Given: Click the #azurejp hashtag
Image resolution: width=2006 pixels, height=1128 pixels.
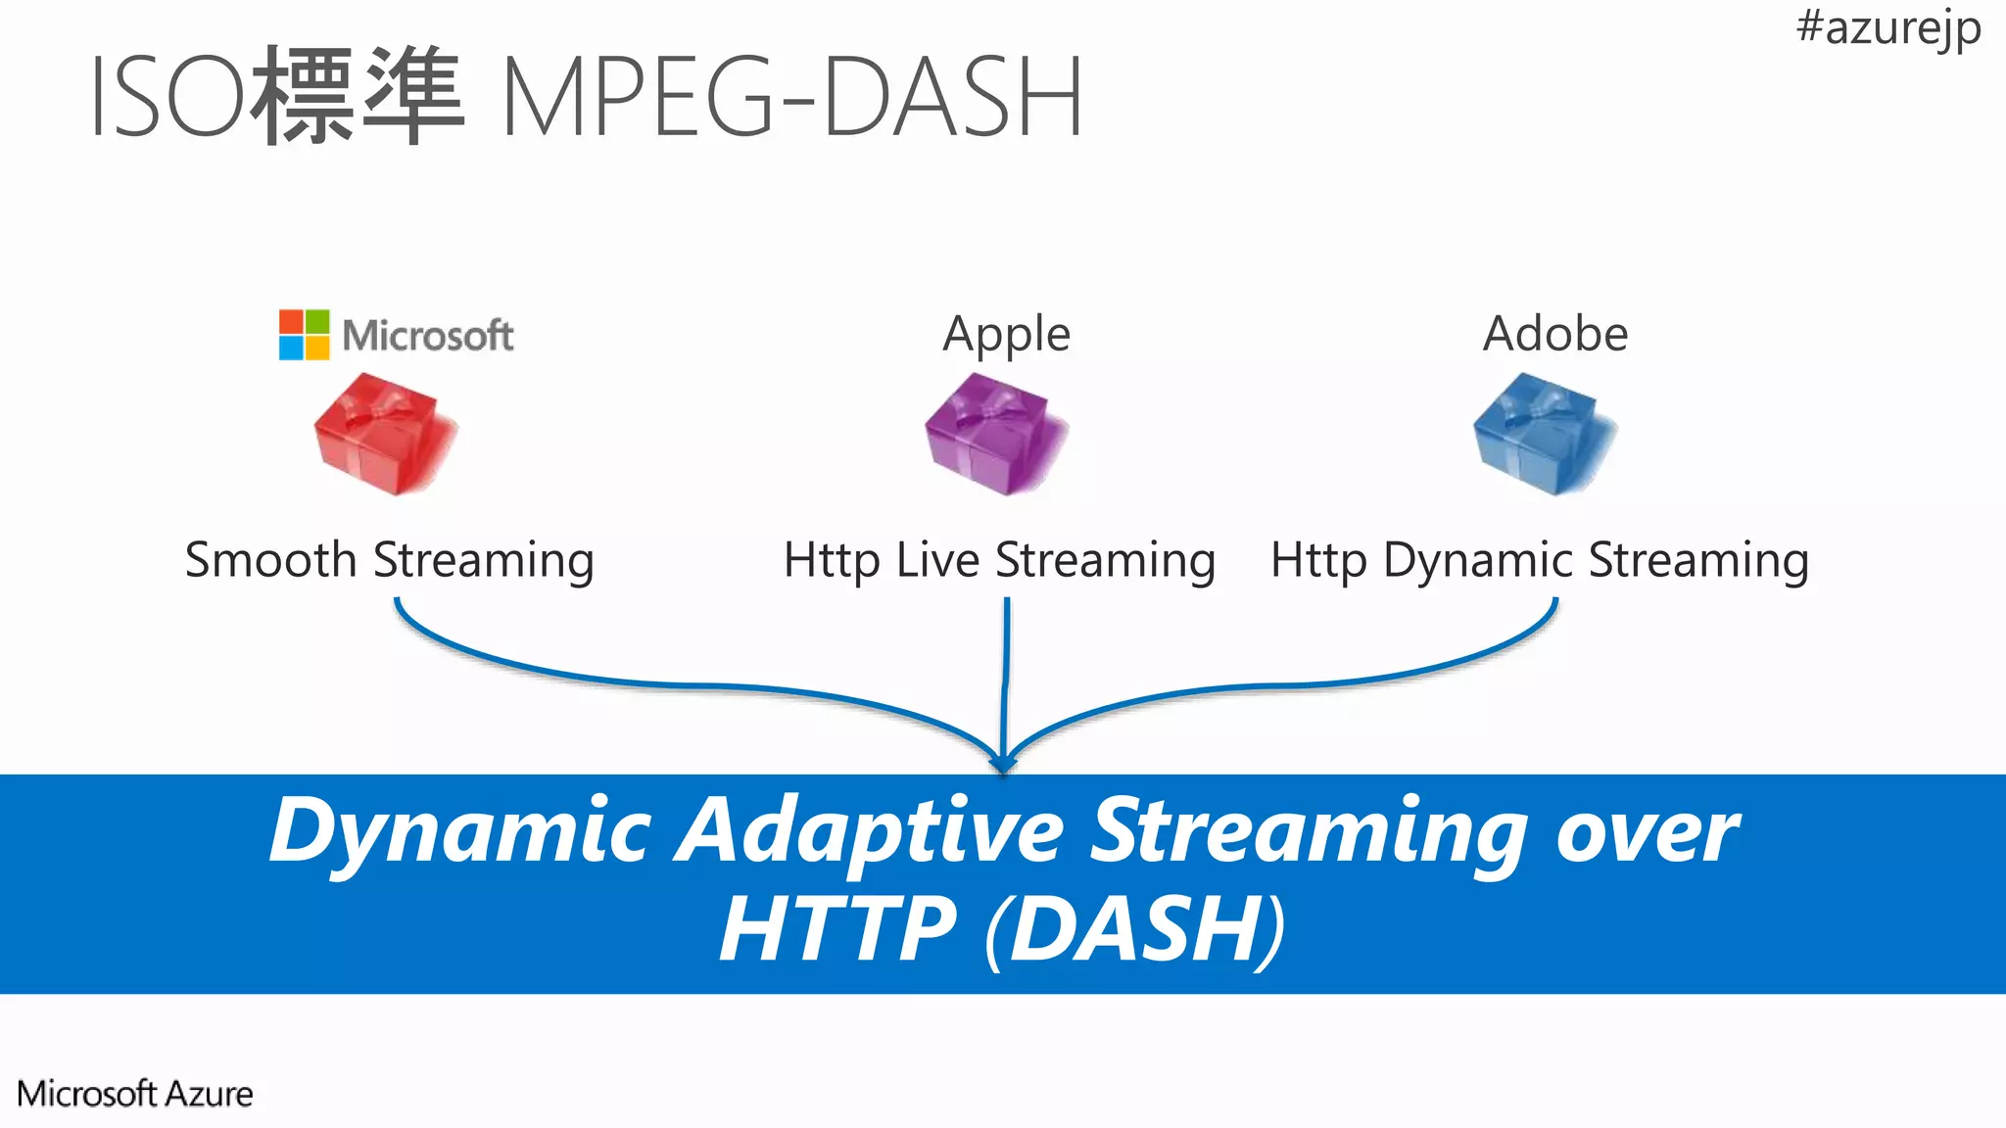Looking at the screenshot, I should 1887,27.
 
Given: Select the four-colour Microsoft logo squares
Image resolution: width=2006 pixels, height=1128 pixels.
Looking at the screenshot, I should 304,335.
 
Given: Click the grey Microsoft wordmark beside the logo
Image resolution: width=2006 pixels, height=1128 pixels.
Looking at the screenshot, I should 427,336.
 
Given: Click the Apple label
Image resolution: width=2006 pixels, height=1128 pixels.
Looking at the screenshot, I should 1006,335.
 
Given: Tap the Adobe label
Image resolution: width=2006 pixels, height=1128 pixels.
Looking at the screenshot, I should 1554,334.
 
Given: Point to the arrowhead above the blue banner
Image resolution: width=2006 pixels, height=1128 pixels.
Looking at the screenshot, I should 1002,763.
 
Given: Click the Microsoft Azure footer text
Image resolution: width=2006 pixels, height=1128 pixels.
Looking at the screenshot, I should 135,1094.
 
